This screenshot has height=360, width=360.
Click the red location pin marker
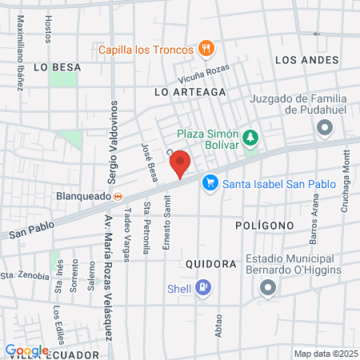[180, 163]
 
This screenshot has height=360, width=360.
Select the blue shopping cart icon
[210, 183]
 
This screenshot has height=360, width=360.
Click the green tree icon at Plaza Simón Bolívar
[250, 138]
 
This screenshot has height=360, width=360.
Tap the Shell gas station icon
[203, 288]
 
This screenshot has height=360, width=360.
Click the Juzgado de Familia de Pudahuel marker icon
[324, 127]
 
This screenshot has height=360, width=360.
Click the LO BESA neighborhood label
[58, 67]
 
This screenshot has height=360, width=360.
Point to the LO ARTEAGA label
[190, 92]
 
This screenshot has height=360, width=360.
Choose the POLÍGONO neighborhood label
[265, 226]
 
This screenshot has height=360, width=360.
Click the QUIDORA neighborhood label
[210, 263]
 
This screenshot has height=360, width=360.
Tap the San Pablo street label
[32, 229]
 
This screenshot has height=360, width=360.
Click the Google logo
[26, 350]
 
